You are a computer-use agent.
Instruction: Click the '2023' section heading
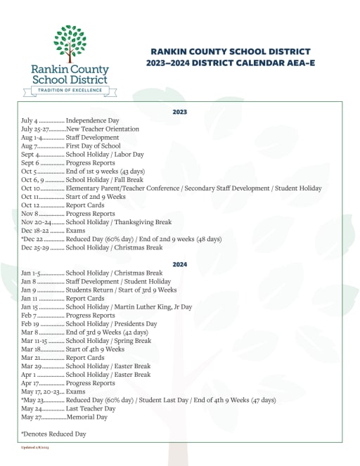(x=180, y=112)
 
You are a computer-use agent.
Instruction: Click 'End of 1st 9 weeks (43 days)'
(x=105, y=171)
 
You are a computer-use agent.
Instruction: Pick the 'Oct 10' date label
(x=31, y=188)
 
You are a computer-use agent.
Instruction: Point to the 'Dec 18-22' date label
(x=34, y=231)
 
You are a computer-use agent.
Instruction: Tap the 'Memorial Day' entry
(x=86, y=417)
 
